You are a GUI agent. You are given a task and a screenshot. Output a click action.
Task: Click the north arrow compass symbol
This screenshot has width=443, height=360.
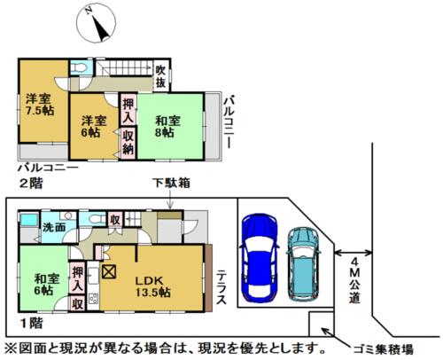[96, 23]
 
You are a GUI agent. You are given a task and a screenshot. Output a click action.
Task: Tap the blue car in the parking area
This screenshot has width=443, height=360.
[259, 257]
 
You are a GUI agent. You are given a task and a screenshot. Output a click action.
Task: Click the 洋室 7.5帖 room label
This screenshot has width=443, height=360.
[40, 105]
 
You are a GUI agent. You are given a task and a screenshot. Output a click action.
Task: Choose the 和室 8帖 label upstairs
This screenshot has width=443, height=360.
[167, 127]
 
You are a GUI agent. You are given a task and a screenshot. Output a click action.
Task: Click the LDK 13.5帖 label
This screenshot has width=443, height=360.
[152, 286]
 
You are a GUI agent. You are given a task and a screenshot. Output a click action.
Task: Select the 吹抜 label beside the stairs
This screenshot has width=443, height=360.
[160, 76]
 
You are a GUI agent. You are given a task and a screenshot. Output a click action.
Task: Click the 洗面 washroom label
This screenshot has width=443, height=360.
[54, 227]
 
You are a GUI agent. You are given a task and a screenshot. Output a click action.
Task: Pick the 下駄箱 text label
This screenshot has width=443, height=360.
[171, 183]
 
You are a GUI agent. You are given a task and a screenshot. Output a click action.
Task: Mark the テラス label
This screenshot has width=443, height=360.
[221, 287]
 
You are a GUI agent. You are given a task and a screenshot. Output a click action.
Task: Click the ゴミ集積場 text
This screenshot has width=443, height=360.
[383, 349]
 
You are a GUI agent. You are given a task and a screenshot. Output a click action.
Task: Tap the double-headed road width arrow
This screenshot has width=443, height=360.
[353, 253]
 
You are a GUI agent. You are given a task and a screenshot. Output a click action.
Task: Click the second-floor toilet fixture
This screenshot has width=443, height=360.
[79, 68]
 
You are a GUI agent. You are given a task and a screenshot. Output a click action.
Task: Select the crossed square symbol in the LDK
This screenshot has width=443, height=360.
[109, 271]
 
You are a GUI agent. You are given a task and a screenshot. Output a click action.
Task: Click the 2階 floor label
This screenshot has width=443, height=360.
[31, 184]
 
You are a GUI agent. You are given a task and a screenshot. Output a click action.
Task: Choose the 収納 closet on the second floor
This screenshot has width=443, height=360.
[128, 143]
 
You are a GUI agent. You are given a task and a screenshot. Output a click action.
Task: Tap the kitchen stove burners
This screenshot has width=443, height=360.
[94, 298]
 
